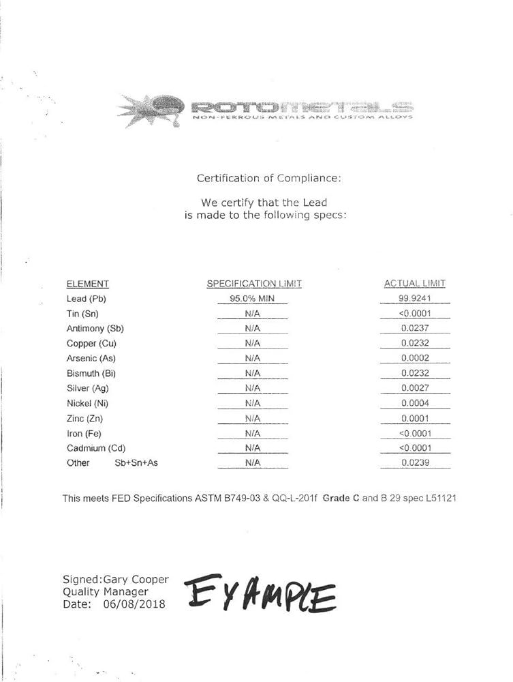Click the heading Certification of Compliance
click(268, 178)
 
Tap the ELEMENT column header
click(87, 284)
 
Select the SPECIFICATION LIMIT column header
click(253, 284)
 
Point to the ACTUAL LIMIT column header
click(415, 284)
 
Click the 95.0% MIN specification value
click(252, 299)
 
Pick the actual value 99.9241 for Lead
click(415, 299)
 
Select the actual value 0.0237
click(415, 328)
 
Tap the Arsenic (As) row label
click(91, 358)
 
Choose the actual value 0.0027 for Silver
click(415, 388)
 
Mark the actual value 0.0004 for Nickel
click(415, 403)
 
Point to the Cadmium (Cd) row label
click(95, 448)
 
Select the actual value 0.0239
click(415, 463)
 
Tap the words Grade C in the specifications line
click(341, 499)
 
